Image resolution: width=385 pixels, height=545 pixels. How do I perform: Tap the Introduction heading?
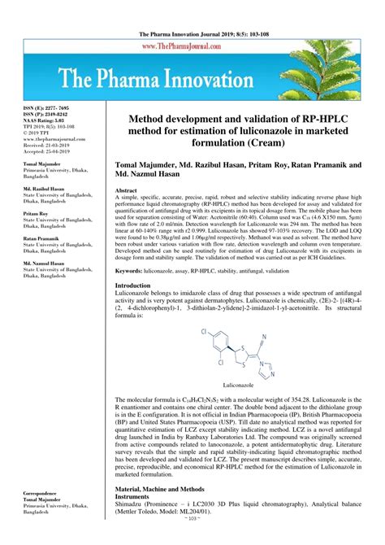pyautogui.click(x=139, y=286)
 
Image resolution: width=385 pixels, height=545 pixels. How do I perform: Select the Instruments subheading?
pyautogui.click(x=139, y=495)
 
